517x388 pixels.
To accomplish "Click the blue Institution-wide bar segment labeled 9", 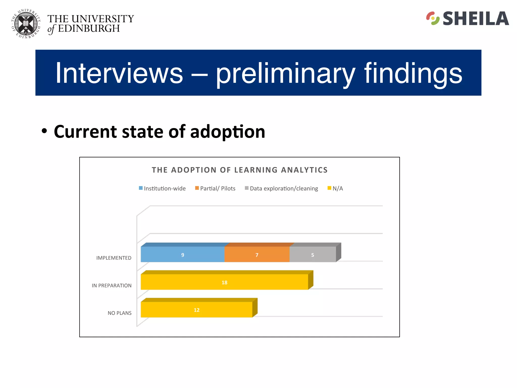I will (182, 254).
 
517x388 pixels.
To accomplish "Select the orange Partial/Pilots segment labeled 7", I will (257, 254).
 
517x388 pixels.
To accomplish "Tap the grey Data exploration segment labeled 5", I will (313, 254).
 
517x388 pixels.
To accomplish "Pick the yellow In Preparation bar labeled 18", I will (224, 282).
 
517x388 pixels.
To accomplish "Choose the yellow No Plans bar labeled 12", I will (196, 309).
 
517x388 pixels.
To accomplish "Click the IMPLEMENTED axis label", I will (114, 258).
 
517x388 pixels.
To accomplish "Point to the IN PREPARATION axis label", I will (111, 285).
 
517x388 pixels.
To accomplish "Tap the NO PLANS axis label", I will (119, 313).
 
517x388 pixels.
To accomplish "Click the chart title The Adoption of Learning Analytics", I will (240, 170).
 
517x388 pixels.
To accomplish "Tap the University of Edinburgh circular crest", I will (26, 24).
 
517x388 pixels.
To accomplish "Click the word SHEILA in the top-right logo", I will (476, 19).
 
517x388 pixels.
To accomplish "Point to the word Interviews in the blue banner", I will (119, 73).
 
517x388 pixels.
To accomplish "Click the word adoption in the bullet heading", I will (227, 132).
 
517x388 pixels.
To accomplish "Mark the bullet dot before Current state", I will (44, 131).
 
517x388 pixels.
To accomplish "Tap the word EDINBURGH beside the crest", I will (89, 29).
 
